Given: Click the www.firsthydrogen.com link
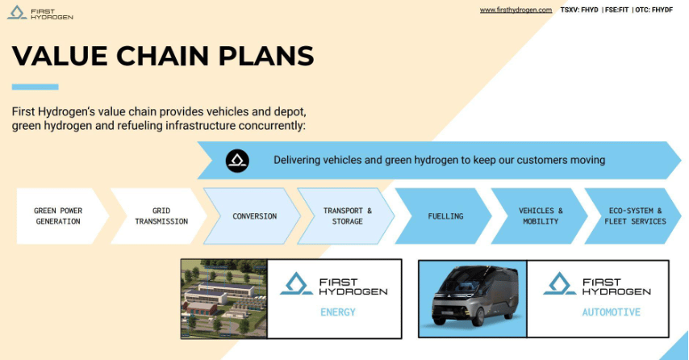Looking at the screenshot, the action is pyautogui.click(x=516, y=10).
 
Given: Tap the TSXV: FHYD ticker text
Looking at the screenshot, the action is pyautogui.click(x=579, y=10).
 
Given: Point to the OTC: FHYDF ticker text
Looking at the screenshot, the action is pyautogui.click(x=654, y=10).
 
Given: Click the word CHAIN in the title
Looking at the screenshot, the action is pyautogui.click(x=163, y=56).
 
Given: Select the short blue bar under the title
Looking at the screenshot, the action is pyautogui.click(x=35, y=87).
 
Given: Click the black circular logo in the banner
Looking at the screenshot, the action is pyautogui.click(x=237, y=161).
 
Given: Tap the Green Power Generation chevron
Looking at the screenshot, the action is pyautogui.click(x=62, y=216).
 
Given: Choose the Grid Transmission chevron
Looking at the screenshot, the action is pyautogui.click(x=159, y=216).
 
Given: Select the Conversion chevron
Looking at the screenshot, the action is pyautogui.click(x=253, y=216).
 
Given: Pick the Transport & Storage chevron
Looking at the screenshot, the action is pyautogui.click(x=346, y=216).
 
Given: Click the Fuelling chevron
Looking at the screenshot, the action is pyautogui.click(x=444, y=216).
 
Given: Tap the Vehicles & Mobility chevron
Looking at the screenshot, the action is pyautogui.click(x=539, y=216).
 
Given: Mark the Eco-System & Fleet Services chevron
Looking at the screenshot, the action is pyautogui.click(x=633, y=216).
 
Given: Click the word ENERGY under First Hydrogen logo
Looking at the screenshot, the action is pyautogui.click(x=338, y=312).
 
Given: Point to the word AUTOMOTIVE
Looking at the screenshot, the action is pyautogui.click(x=612, y=312).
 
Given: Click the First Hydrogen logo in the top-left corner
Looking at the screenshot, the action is pyautogui.click(x=40, y=13).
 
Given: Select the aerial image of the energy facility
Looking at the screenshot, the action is pyautogui.click(x=223, y=299).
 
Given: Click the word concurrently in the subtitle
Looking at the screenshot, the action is pyautogui.click(x=272, y=126).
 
